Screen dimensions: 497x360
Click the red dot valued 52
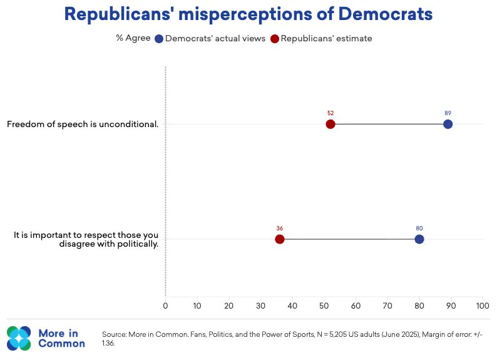tap(330, 124)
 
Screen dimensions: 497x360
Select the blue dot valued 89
tap(448, 124)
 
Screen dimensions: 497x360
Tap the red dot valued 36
tap(280, 239)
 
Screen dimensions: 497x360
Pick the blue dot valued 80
tap(419, 239)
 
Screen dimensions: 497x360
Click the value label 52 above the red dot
tap(330, 113)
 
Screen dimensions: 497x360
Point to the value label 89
tap(448, 113)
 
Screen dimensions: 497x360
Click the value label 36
tap(280, 229)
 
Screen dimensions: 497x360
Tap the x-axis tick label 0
tap(165, 306)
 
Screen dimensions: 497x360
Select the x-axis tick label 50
tap(324, 306)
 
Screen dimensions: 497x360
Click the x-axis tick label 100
tap(483, 306)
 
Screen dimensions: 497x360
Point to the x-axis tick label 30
tap(260, 306)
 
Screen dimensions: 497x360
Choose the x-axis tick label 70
tap(387, 306)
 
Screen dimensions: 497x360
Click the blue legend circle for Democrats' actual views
tap(159, 39)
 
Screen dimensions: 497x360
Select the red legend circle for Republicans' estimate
tap(275, 39)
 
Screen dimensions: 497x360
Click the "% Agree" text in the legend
tap(133, 38)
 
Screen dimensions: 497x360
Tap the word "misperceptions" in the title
tap(245, 14)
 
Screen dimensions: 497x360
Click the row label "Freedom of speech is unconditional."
tap(83, 124)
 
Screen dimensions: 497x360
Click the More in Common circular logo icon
tap(19, 338)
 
